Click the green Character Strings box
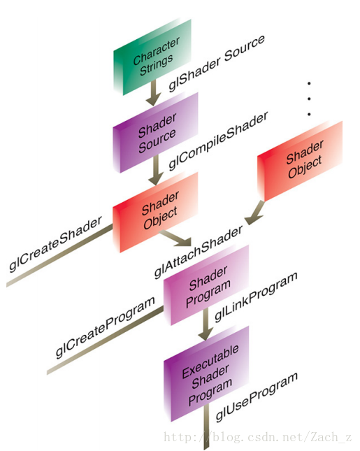pyautogui.click(x=152, y=57)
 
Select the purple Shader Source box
pyautogui.click(x=156, y=133)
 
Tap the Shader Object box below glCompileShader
pyautogui.click(x=156, y=213)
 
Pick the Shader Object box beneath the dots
pyautogui.click(x=300, y=161)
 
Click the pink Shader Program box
pyautogui.click(x=206, y=285)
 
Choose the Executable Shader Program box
pyautogui.click(x=206, y=374)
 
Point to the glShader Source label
pyautogui.click(x=217, y=63)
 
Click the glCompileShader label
pyautogui.click(x=218, y=141)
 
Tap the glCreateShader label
pyautogui.click(x=55, y=243)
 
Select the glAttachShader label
pyautogui.click(x=199, y=252)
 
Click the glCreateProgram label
pyautogui.click(x=106, y=327)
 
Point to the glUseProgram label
pyautogui.click(x=257, y=397)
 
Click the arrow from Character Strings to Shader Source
pyautogui.click(x=153, y=92)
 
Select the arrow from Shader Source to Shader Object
pyautogui.click(x=156, y=170)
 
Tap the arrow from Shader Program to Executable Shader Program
pyautogui.click(x=206, y=324)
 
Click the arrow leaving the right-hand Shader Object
pyautogui.click(x=254, y=213)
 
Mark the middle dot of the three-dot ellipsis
pyautogui.click(x=309, y=99)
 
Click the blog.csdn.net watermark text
pyautogui.click(x=258, y=437)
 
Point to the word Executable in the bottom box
pyautogui.click(x=210, y=361)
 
